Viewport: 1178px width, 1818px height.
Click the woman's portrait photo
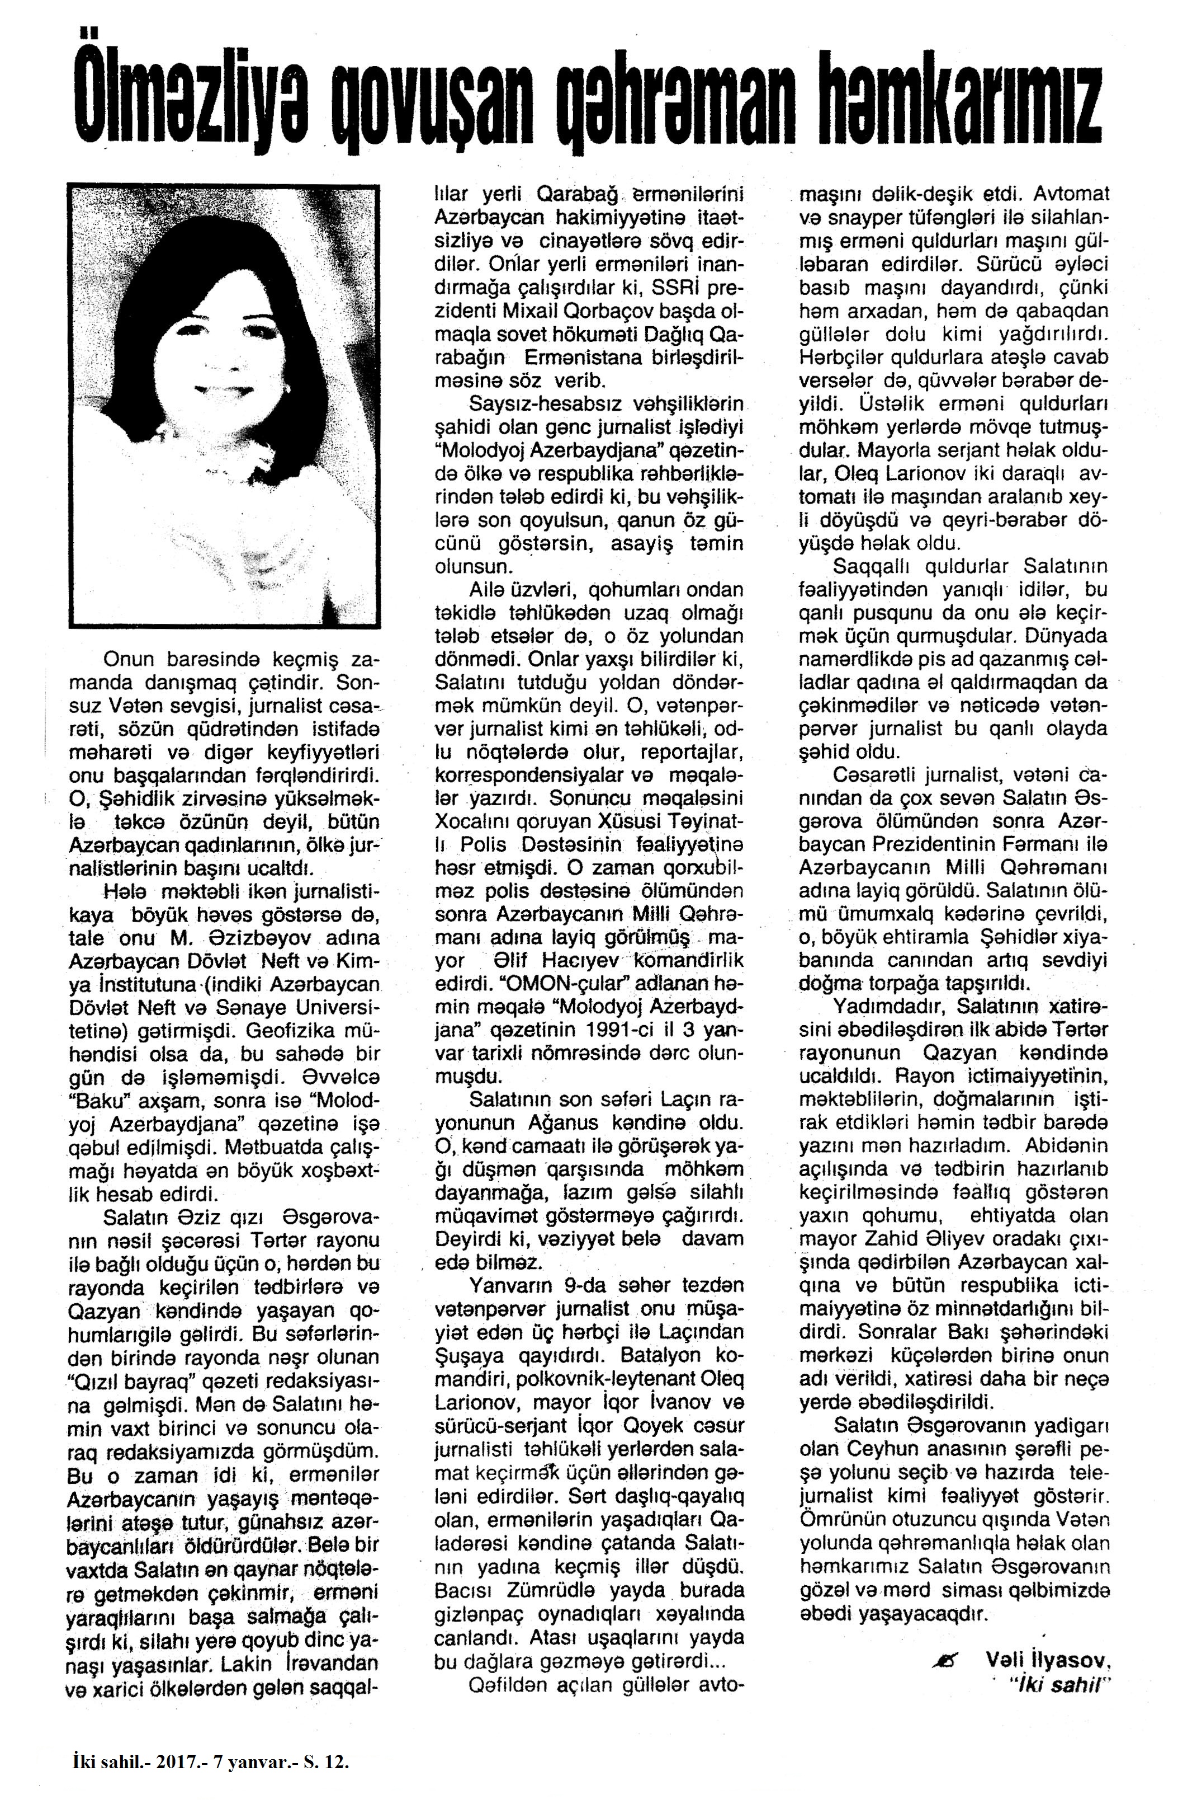223,405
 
